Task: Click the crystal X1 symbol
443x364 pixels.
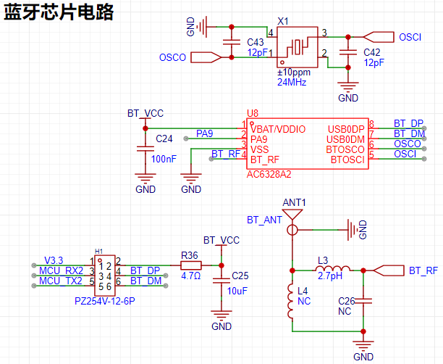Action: point(298,47)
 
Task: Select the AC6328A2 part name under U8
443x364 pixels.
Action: point(269,174)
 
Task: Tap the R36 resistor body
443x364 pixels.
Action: point(191,265)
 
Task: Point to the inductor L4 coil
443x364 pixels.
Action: point(291,301)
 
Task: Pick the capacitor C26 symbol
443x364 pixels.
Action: point(363,301)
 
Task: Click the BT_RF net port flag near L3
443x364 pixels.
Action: point(389,270)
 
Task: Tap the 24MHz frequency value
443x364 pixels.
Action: point(292,83)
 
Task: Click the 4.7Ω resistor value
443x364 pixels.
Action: point(190,276)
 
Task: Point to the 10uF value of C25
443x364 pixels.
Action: point(237,291)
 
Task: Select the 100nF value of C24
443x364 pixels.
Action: point(164,159)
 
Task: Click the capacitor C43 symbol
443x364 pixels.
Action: point(232,42)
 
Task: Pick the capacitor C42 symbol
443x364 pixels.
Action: point(348,52)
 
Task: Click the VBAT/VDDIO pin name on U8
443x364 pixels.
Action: point(278,129)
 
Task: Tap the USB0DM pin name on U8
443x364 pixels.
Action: point(345,139)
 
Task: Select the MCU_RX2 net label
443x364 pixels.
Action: point(61,271)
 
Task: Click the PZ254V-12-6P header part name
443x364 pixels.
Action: point(105,301)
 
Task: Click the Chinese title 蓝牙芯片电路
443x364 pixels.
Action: point(59,12)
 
